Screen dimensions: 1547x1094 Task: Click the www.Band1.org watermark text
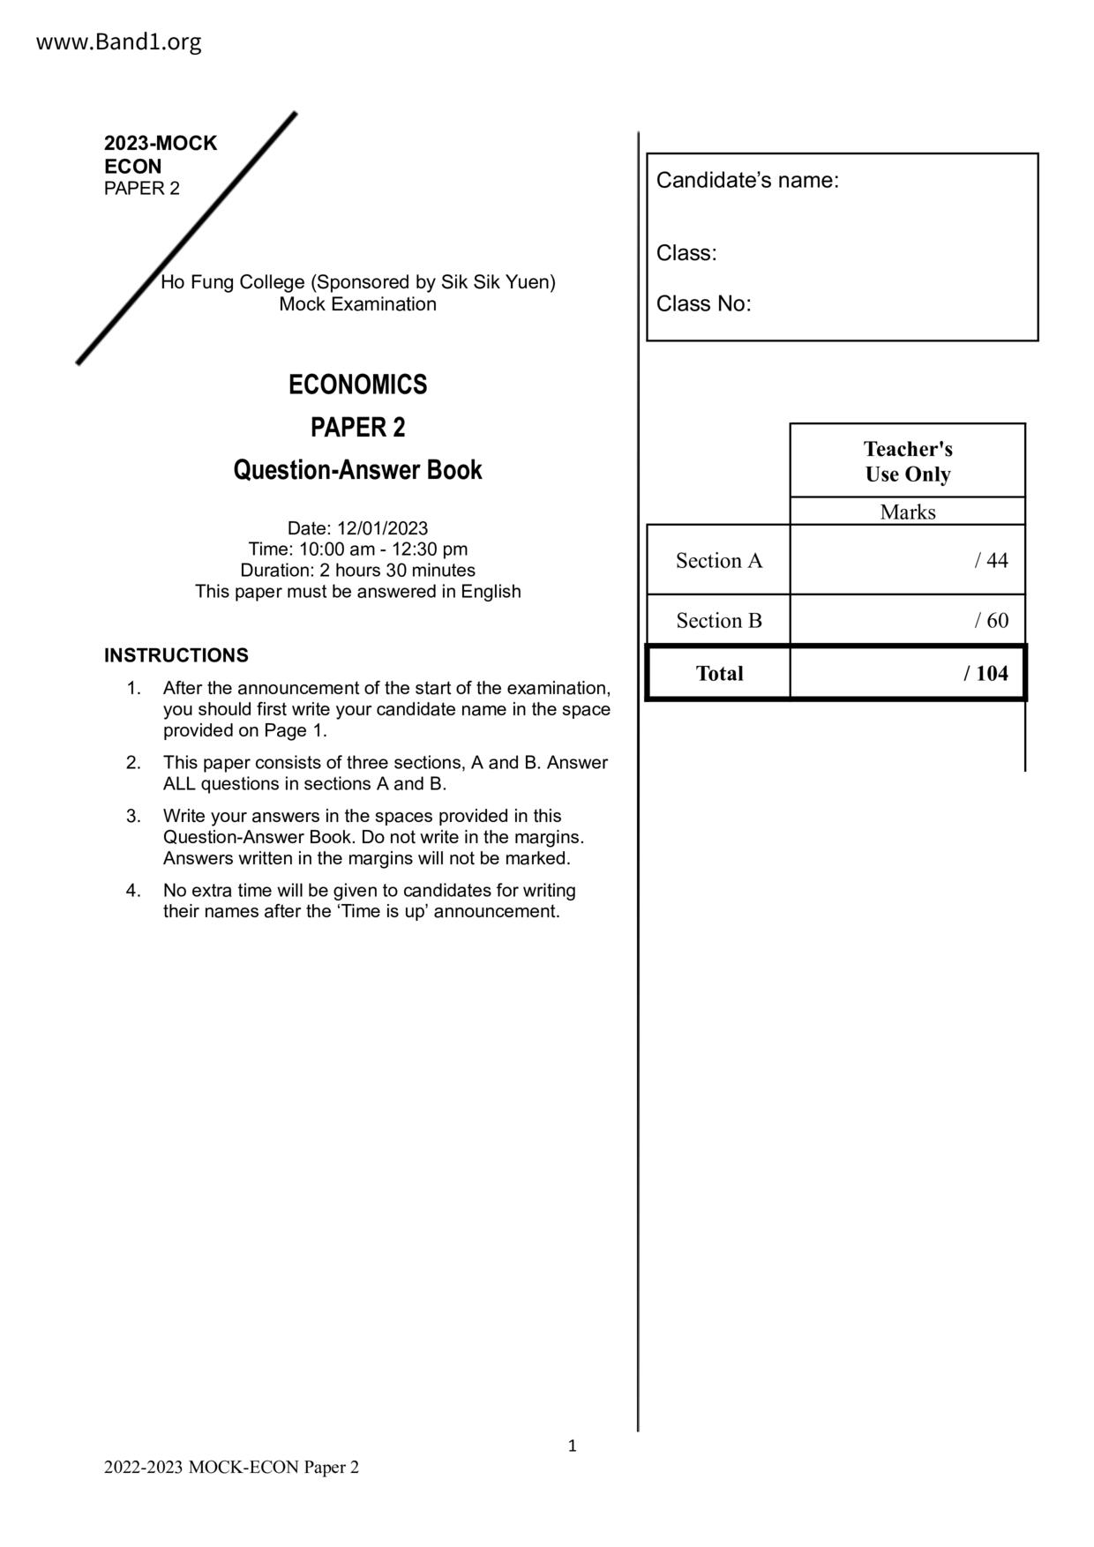(x=118, y=41)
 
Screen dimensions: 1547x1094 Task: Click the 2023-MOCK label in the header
(x=160, y=143)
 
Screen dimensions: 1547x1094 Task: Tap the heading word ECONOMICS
(x=357, y=385)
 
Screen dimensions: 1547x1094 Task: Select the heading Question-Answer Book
(x=357, y=469)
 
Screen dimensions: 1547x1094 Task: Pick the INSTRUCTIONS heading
(x=176, y=655)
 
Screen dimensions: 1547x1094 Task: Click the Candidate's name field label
(x=747, y=181)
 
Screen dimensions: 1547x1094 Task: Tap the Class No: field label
(x=703, y=304)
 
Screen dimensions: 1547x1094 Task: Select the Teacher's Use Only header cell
(x=907, y=461)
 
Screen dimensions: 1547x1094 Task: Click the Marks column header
(x=907, y=512)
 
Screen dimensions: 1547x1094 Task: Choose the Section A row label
(x=718, y=561)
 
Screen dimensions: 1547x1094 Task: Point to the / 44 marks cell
(x=991, y=561)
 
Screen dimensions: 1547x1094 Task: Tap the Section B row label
(x=718, y=621)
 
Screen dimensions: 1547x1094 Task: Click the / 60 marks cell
(x=991, y=621)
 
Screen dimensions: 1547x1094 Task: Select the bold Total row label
(x=719, y=674)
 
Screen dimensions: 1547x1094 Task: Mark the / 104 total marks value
(x=985, y=674)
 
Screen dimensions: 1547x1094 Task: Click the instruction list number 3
(x=132, y=816)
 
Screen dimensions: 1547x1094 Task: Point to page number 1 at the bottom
(x=572, y=1446)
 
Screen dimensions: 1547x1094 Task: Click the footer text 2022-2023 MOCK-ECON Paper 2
(x=231, y=1468)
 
